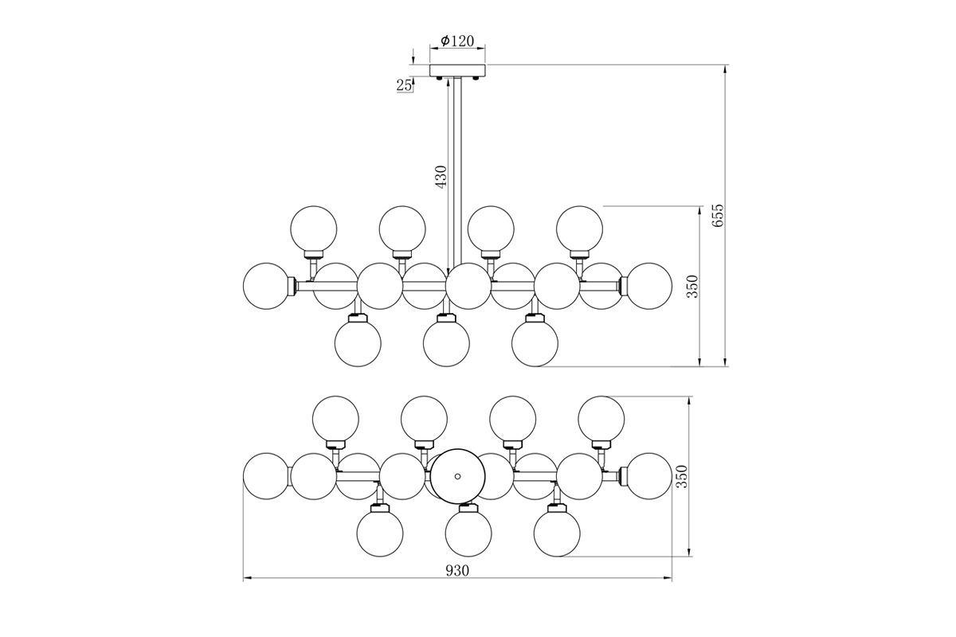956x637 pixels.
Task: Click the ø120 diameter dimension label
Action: tap(458, 41)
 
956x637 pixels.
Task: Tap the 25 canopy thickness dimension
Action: tap(404, 85)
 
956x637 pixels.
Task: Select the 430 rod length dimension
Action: tap(441, 176)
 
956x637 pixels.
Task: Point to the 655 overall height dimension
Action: tap(718, 216)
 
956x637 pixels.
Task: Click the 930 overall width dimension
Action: tap(457, 570)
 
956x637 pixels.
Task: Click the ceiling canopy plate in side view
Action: tap(457, 71)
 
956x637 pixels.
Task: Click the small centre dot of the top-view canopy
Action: tap(457, 476)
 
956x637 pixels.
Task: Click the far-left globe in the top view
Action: tap(266, 476)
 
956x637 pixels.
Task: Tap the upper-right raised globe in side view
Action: tap(579, 229)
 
